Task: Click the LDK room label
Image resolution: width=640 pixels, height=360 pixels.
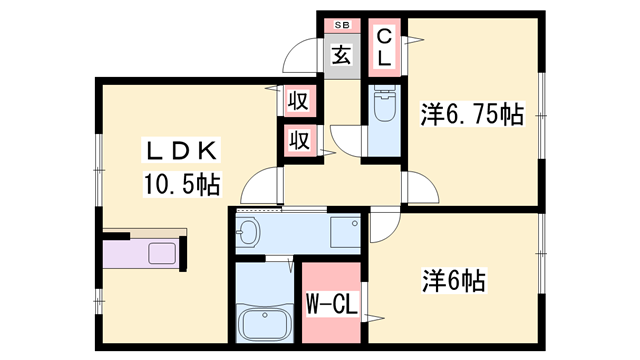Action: pos(181,150)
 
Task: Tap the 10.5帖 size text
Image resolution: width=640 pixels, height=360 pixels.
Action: pos(182,184)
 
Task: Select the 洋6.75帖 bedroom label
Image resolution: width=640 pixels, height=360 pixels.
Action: pos(472,114)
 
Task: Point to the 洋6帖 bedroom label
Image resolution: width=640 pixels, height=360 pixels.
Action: pos(454,280)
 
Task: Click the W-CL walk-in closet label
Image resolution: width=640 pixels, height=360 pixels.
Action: pos(332,303)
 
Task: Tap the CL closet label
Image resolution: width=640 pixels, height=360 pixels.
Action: pos(384,48)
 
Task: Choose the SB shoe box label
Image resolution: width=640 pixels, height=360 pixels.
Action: pos(342,25)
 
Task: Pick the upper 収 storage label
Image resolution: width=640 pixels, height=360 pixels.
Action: pos(299,100)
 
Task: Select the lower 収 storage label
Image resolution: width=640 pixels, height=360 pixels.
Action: pos(300,140)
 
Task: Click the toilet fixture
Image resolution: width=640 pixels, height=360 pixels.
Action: pos(384,103)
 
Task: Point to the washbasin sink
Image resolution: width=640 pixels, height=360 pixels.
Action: pos(248,232)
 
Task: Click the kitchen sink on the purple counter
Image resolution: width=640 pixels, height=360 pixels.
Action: pos(162,253)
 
